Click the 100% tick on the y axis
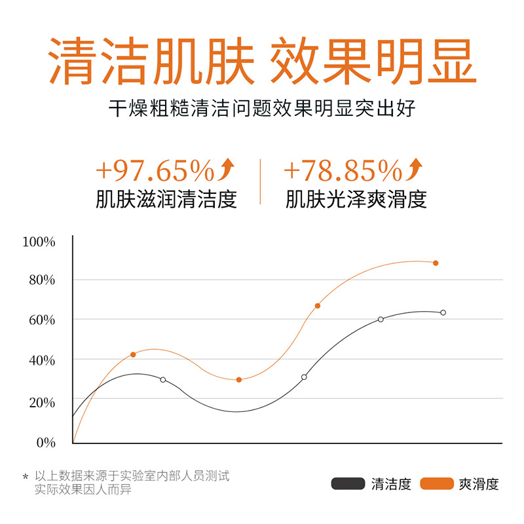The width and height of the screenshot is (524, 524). tap(39, 242)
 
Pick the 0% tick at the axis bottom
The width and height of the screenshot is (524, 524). tap(45, 442)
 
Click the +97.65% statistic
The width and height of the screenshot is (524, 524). tap(155, 171)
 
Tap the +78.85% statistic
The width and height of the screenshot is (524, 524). tap(343, 171)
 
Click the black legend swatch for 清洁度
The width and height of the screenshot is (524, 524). tap(348, 484)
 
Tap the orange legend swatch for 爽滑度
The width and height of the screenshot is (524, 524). tap(437, 484)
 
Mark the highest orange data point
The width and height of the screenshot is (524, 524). tap(436, 263)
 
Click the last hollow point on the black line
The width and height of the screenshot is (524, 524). tap(443, 312)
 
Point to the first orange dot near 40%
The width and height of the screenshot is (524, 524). tap(133, 354)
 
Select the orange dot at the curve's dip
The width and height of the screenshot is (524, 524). tap(238, 380)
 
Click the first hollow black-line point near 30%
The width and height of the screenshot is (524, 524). tap(163, 380)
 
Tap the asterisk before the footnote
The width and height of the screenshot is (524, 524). tap(26, 478)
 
